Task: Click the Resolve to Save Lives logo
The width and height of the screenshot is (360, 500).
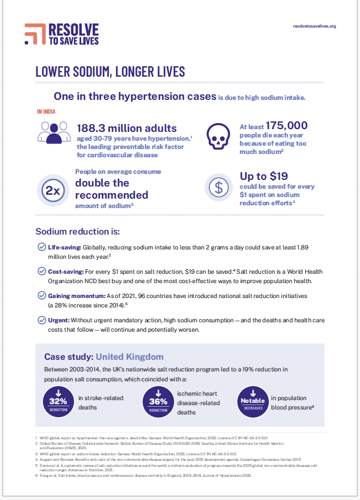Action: point(61,34)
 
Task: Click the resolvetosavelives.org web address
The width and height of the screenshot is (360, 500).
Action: point(314,26)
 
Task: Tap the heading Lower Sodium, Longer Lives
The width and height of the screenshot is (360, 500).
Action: point(110,72)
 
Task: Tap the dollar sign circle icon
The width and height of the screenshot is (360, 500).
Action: point(219,188)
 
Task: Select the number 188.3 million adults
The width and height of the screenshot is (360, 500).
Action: point(126,128)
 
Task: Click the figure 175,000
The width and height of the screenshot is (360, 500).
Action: point(287,125)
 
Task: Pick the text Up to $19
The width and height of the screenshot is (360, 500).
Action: point(263,177)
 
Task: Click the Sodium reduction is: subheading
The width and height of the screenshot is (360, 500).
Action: point(78,231)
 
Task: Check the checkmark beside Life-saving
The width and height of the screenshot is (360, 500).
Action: point(41,247)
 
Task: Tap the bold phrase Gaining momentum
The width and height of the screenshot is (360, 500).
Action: point(75,296)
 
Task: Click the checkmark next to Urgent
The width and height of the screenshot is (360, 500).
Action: point(41,320)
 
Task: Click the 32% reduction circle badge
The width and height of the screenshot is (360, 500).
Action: point(59,401)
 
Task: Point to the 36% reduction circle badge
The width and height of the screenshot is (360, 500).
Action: point(158,401)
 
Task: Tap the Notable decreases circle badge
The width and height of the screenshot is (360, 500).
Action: point(253,401)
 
